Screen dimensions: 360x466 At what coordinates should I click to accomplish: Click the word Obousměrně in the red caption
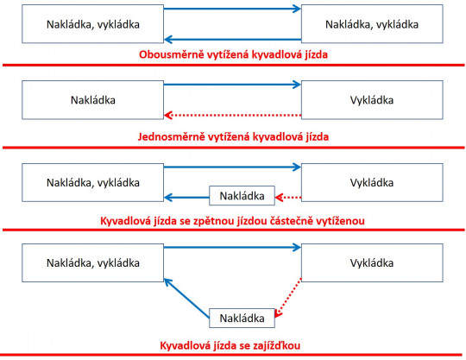(x=171, y=54)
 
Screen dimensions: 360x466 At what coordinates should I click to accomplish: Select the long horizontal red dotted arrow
(x=233, y=115)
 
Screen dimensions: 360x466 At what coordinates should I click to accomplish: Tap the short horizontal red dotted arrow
(x=288, y=195)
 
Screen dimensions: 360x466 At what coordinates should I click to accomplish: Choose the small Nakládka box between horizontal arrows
(x=242, y=195)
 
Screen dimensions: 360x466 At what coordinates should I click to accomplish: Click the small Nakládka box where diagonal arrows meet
(x=242, y=318)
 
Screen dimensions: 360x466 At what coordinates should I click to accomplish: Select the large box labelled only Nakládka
(x=94, y=99)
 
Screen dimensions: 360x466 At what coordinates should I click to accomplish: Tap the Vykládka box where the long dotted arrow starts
(x=372, y=99)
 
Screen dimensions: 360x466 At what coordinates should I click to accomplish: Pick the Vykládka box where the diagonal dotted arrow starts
(x=372, y=262)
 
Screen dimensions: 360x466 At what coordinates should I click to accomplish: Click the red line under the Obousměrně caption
(x=233, y=66)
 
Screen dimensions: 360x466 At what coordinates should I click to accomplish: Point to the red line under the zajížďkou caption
(x=233, y=355)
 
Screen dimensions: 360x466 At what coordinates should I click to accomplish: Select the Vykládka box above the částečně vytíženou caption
(x=372, y=182)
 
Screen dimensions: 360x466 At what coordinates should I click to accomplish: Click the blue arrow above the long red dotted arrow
(x=233, y=85)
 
